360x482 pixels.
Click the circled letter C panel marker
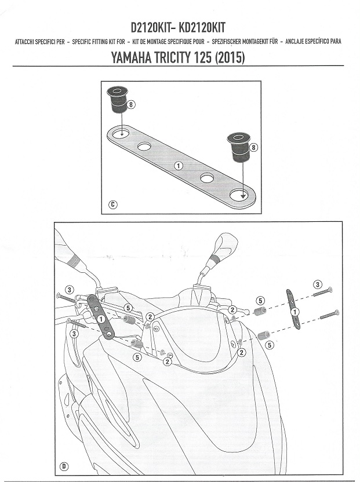tap(113, 204)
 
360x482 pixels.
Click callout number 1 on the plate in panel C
tap(179, 166)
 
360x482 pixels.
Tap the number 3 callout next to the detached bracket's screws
tap(317, 284)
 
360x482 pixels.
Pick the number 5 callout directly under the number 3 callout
tap(260, 301)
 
